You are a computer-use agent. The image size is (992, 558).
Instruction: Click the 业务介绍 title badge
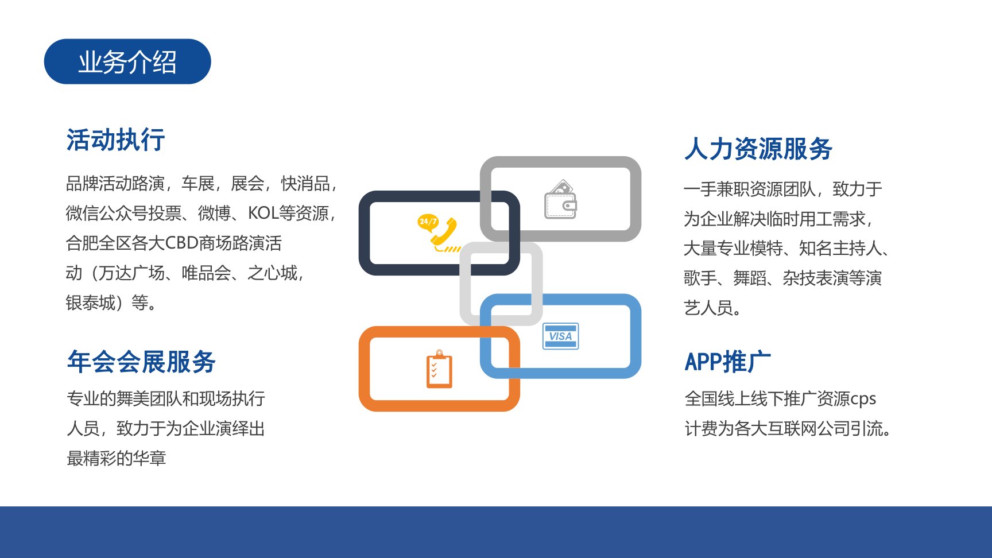(x=127, y=61)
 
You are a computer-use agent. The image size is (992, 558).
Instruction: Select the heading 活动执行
(x=116, y=140)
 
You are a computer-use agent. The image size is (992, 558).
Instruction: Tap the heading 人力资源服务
(x=758, y=149)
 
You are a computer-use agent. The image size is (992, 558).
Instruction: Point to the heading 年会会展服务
(x=141, y=362)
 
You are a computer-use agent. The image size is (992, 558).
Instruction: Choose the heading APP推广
(x=728, y=362)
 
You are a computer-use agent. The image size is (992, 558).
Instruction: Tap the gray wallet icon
(x=560, y=199)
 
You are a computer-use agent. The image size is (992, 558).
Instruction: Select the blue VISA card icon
(x=561, y=336)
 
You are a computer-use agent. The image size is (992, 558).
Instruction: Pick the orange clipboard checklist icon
(x=439, y=369)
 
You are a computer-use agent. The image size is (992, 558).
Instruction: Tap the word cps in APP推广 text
(x=863, y=399)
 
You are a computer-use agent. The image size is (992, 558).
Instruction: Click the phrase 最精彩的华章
(x=117, y=458)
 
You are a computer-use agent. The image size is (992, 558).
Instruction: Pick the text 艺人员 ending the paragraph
(x=708, y=308)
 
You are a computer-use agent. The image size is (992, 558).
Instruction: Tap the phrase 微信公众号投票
(x=123, y=213)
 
